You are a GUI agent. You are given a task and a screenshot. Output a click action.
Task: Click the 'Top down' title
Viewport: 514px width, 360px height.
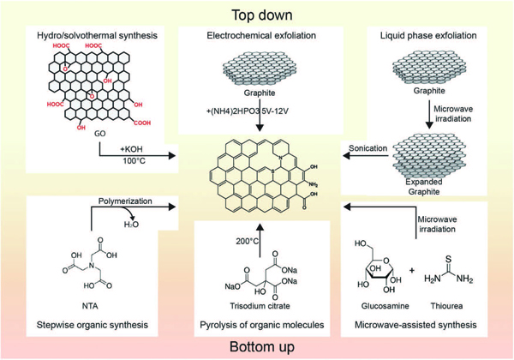tap(256, 14)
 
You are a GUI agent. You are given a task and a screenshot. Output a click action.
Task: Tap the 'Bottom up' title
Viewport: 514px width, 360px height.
tap(256, 346)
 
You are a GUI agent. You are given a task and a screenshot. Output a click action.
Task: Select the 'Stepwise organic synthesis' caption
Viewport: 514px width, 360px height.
tap(88, 327)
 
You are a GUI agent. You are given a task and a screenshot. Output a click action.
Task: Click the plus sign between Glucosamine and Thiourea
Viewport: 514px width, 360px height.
tap(413, 272)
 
